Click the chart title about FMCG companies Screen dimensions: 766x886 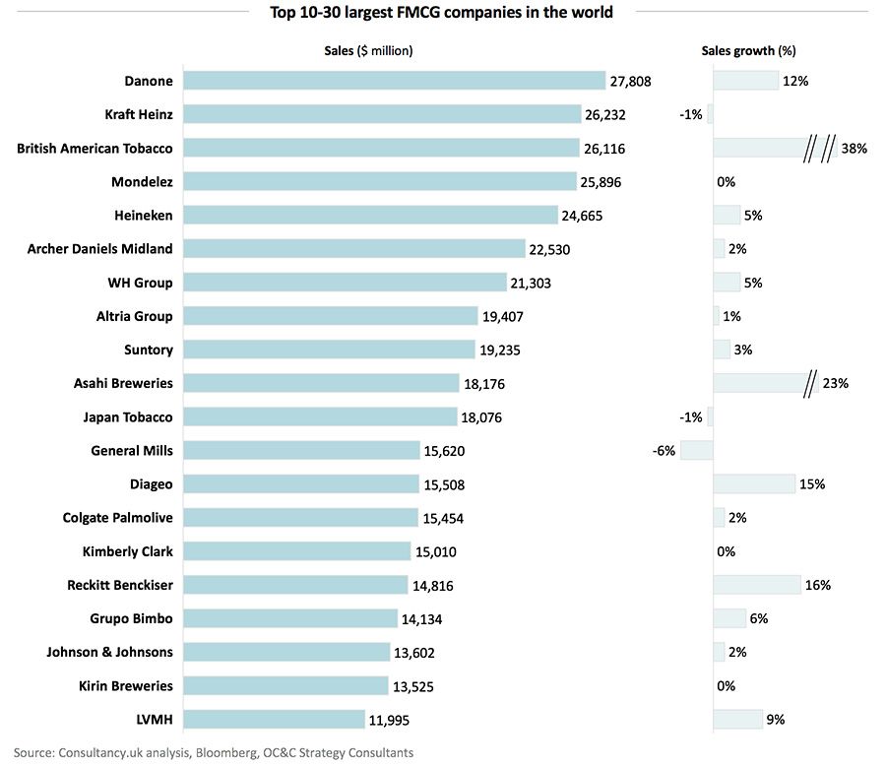tap(441, 13)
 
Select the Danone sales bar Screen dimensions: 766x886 tap(394, 81)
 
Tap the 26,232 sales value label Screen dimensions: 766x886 tap(605, 115)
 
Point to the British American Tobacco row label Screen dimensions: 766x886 tap(95, 148)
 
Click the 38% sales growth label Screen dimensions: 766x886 tap(854, 149)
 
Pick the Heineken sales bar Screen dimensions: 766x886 tap(370, 215)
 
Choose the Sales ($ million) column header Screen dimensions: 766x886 tap(369, 50)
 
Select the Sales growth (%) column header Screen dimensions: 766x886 tap(748, 50)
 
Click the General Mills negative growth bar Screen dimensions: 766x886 tap(696, 450)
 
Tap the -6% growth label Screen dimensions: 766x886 tap(663, 451)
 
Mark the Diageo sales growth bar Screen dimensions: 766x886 tap(754, 483)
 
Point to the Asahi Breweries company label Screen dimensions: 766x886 tap(123, 383)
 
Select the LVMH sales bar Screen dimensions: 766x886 tap(274, 719)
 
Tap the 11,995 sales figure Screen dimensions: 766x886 tap(391, 720)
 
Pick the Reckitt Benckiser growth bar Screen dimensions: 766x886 tap(756, 585)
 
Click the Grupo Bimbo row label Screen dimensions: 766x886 tap(131, 618)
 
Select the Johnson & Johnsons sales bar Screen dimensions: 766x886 tap(286, 652)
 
